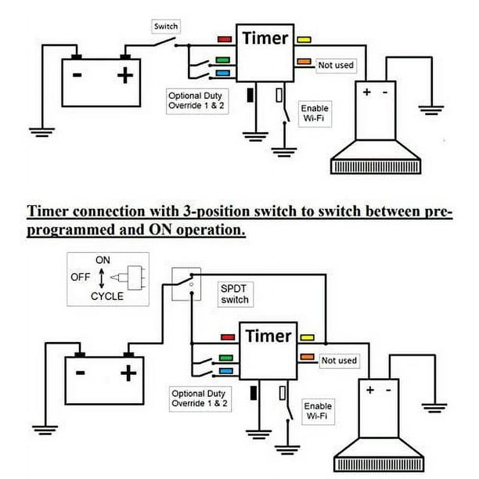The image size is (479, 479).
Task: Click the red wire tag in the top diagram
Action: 225,39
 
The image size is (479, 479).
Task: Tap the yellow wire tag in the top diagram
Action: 304,39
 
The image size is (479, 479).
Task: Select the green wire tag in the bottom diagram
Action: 226,358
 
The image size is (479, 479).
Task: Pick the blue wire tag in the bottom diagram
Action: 226,371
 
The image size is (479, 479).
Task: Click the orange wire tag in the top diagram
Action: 304,61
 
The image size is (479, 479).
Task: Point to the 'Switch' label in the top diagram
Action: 166,27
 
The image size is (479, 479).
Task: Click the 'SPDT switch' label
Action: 235,294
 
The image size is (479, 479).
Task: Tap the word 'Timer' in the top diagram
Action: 265,38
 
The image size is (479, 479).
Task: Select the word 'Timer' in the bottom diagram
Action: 268,336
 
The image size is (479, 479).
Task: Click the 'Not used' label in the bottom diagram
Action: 339,361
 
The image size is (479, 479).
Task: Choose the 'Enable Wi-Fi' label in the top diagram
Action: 315,113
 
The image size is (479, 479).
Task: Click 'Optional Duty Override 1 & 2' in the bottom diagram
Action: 200,398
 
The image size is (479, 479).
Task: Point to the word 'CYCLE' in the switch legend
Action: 107,296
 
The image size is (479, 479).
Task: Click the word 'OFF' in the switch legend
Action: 81,277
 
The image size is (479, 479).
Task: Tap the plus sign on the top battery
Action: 125,75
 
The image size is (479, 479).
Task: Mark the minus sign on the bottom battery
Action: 81,373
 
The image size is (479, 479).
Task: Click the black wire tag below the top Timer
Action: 250,95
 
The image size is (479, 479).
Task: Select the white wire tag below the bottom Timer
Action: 283,393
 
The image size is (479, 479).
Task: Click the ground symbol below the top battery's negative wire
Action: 41,132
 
